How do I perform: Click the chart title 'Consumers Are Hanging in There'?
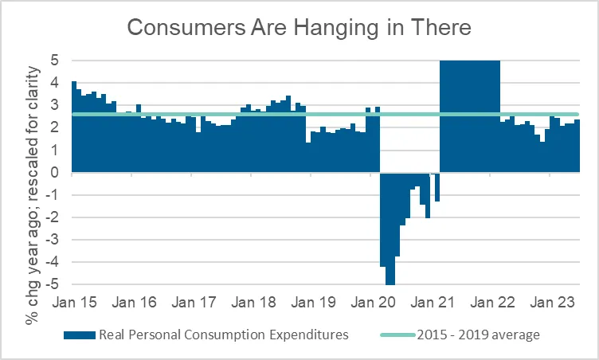coord(299,27)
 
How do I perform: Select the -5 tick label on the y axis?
coord(53,284)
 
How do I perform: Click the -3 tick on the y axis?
coord(53,240)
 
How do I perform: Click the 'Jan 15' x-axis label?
coord(73,303)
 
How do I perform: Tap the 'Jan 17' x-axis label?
coord(194,303)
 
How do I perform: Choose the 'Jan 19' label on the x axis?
coord(315,303)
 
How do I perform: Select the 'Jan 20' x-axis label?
coord(375,303)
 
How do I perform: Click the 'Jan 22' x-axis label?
coord(495,303)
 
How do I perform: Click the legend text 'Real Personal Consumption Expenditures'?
coord(222,335)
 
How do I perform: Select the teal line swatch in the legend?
coord(399,335)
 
